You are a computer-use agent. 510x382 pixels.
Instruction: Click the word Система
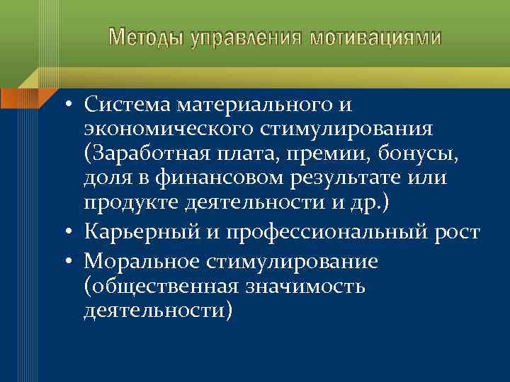127,105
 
